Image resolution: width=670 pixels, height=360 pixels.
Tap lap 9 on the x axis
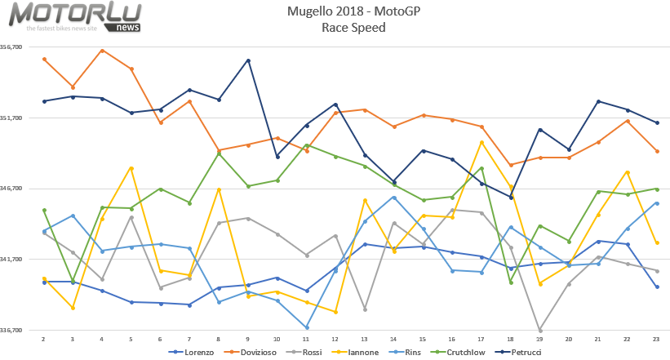(248, 338)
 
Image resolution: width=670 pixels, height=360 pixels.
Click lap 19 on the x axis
(540, 338)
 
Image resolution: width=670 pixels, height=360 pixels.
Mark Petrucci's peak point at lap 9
(248, 60)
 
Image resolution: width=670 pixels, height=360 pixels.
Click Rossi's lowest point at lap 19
(540, 330)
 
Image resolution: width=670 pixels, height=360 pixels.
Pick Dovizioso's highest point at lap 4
(101, 51)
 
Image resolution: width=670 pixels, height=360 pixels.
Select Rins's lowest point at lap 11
(307, 327)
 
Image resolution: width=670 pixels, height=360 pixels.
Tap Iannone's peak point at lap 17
(482, 142)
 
